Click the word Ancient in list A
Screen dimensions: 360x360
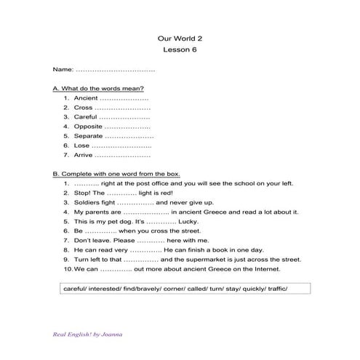[x=86, y=97]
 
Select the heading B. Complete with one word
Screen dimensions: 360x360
[x=116, y=174]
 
